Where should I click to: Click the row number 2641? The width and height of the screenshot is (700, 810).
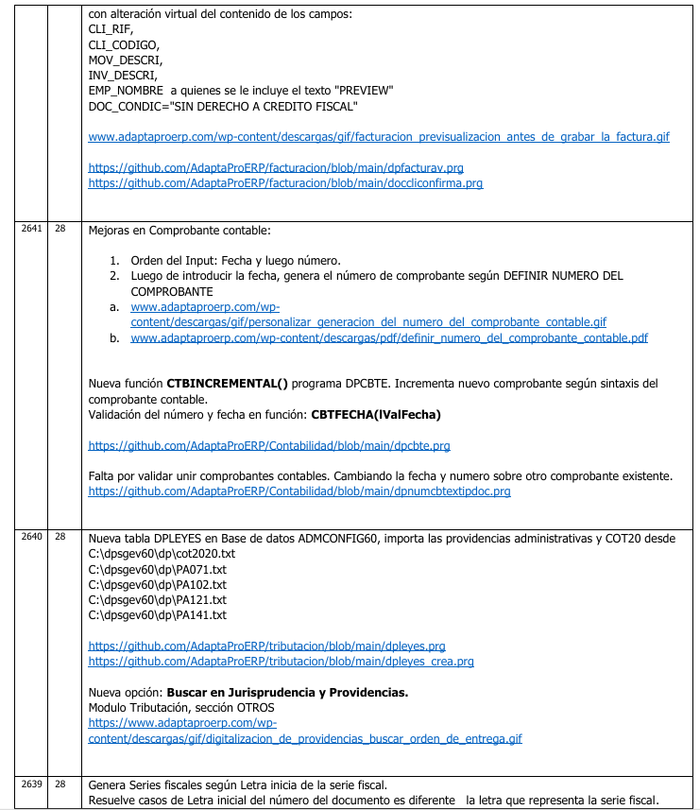[x=31, y=230]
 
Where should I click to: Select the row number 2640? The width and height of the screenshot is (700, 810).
[x=31, y=537]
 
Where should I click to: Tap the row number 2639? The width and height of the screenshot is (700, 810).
[x=31, y=784]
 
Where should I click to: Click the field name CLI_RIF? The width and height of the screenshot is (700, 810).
[x=111, y=29]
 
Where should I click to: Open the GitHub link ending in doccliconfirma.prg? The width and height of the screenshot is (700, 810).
[x=284, y=182]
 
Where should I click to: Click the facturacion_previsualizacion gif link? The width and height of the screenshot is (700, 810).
[x=378, y=137]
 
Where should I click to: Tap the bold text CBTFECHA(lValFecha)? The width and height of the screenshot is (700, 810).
[x=375, y=414]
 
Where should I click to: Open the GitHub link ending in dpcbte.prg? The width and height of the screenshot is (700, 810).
[x=268, y=444]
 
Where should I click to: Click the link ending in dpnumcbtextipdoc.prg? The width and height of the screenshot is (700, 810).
[x=299, y=491]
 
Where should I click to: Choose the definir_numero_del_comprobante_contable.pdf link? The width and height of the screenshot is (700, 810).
[x=389, y=337]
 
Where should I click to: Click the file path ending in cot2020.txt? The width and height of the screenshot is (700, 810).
[x=161, y=553]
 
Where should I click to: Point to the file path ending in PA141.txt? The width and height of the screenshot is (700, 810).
[x=157, y=615]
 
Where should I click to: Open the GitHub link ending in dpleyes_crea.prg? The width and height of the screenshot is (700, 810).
[x=281, y=662]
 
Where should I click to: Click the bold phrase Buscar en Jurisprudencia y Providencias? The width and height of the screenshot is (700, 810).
[x=287, y=693]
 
